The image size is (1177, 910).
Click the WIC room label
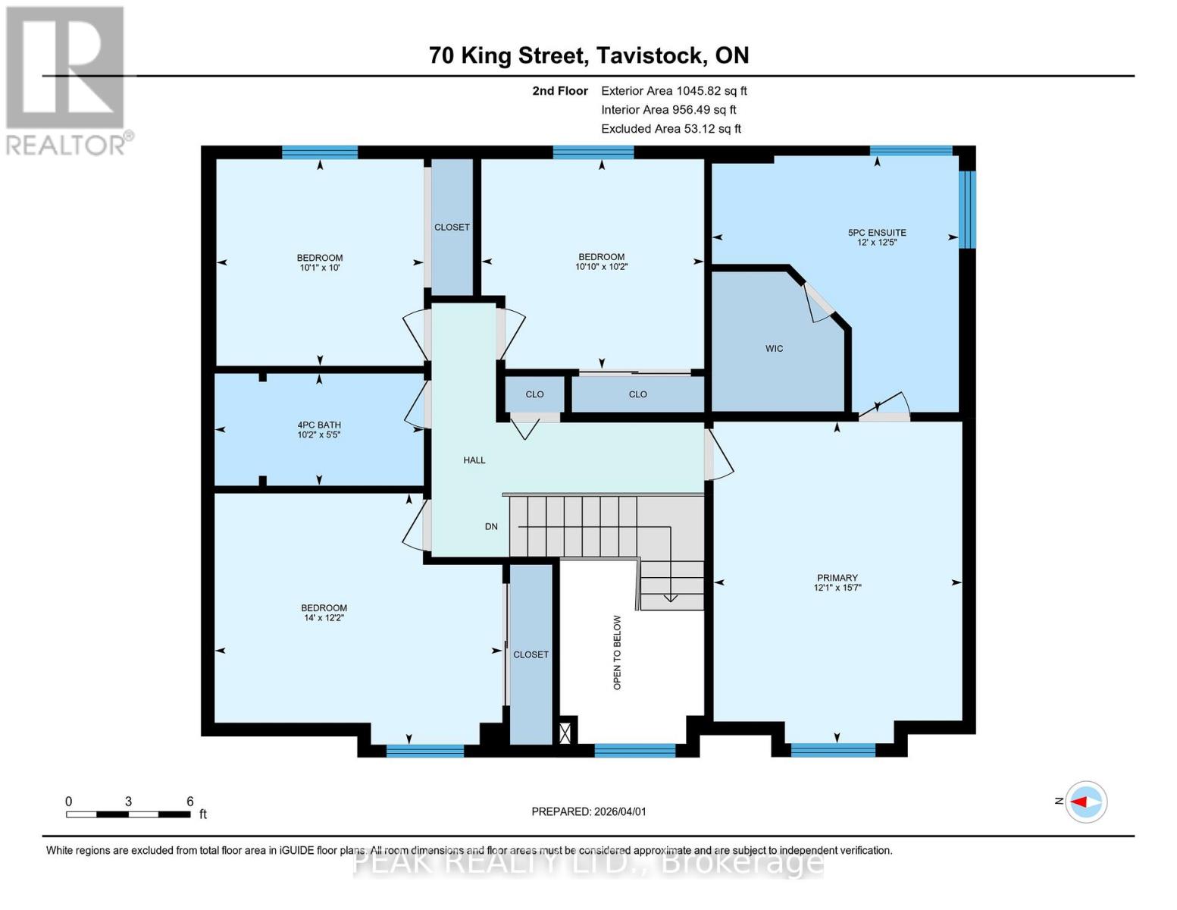(774, 349)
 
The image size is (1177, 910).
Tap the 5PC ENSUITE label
(877, 233)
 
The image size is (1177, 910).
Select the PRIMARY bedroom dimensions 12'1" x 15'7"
(837, 588)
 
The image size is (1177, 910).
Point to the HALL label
(474, 460)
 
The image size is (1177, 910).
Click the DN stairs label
(491, 526)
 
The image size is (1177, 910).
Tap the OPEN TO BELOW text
(617, 652)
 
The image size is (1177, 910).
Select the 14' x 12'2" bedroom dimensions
(324, 618)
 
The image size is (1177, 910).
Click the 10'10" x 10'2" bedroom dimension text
(601, 267)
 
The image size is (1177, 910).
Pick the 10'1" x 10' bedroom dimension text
(319, 268)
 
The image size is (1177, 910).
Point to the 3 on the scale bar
(129, 802)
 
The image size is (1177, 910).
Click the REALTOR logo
(65, 80)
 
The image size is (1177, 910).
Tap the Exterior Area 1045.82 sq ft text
(674, 91)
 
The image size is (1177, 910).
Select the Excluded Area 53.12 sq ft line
(671, 129)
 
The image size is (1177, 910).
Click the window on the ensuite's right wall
(967, 209)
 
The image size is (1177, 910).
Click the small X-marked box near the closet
(565, 733)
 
